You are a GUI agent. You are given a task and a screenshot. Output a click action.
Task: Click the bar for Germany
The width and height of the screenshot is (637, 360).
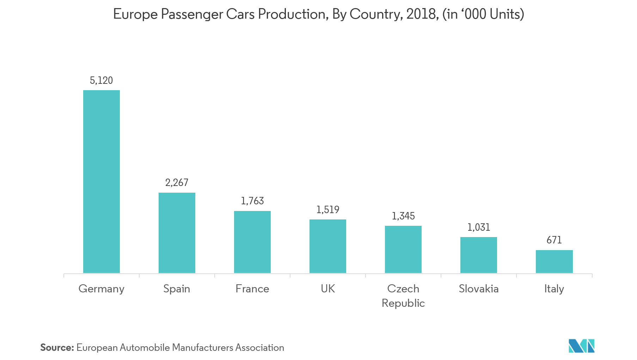coord(102,181)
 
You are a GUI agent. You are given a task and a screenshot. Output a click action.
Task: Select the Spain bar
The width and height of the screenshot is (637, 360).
coord(177,232)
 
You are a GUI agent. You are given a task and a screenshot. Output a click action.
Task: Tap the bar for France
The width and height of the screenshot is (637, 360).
coord(252,242)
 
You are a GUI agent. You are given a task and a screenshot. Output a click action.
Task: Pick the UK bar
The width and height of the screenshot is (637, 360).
coord(328,246)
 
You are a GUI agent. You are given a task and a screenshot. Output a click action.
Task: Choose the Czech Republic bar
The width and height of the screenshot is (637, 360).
coord(403,249)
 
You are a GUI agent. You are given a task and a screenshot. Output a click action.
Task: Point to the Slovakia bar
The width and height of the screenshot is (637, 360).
coord(479,255)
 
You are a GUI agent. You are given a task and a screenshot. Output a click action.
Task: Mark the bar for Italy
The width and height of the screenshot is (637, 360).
coord(554,261)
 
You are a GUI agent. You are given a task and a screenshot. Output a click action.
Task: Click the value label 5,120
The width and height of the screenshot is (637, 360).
coord(102,81)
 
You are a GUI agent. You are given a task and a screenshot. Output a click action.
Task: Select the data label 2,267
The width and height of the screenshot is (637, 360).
coord(177,182)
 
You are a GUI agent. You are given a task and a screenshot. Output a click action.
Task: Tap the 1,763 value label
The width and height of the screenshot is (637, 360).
coord(252,201)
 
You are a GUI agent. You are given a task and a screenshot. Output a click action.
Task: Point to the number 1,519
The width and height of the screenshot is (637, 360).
coord(328,210)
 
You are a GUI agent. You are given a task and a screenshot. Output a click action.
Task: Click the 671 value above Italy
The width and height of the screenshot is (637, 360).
coord(554,240)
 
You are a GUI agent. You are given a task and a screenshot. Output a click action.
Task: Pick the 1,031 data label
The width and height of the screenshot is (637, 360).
coord(479,228)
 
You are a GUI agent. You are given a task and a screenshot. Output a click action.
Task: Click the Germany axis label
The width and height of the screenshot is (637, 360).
coord(102,289)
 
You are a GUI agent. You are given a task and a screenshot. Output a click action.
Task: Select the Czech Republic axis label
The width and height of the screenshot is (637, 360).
coord(403,296)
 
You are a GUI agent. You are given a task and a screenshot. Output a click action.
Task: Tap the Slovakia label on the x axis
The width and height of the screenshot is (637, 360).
coord(479,289)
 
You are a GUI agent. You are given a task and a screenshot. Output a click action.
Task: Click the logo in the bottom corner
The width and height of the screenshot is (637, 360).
coord(581,346)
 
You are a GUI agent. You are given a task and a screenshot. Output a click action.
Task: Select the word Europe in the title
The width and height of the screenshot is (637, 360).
coord(135,14)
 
